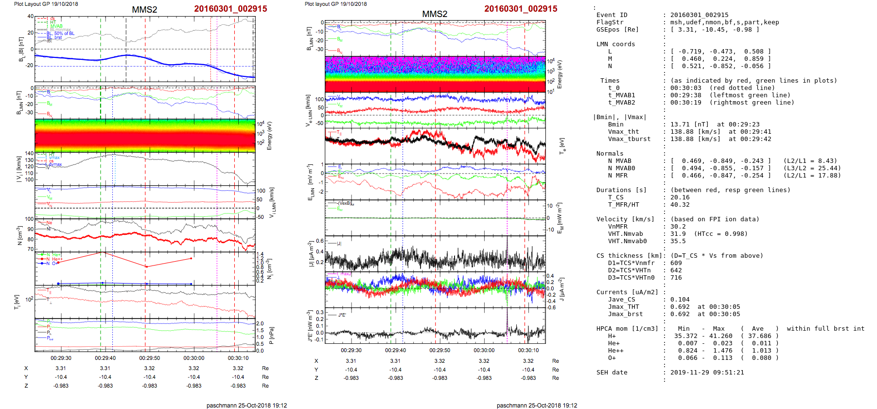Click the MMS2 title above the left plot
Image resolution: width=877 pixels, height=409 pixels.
tap(144, 10)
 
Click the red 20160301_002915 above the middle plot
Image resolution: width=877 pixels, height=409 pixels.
tap(521, 9)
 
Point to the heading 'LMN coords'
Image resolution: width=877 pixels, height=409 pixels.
tap(615, 44)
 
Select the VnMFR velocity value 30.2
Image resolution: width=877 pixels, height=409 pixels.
tap(678, 227)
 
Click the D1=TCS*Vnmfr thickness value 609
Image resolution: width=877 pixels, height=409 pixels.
tap(676, 263)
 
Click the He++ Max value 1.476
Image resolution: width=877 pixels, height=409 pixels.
tap(722, 351)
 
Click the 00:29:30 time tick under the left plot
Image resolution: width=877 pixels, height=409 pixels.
tap(61, 358)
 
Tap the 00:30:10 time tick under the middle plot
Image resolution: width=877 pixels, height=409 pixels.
tap(528, 350)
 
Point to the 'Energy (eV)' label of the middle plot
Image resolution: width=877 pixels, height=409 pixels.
tap(560, 74)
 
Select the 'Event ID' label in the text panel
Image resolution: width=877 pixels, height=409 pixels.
tap(612, 15)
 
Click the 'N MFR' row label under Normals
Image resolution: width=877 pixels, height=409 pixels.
tap(617, 176)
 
